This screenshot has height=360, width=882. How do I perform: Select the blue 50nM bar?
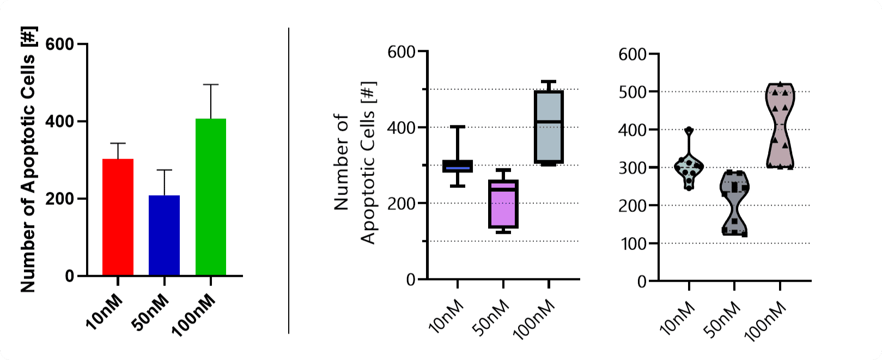point(164,235)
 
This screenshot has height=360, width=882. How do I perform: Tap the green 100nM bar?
point(210,197)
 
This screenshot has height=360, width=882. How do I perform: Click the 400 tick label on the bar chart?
point(60,121)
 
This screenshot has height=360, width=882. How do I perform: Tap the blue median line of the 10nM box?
point(457,168)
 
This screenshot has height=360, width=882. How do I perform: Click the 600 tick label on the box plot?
point(402,52)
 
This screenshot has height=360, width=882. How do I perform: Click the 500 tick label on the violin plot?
point(632,92)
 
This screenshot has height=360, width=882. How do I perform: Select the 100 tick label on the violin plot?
point(632,243)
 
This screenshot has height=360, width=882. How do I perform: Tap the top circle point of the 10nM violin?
point(689,131)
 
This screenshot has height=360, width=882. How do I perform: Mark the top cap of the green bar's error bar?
point(210,84)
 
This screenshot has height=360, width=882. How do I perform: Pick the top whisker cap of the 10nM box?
point(457,126)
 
